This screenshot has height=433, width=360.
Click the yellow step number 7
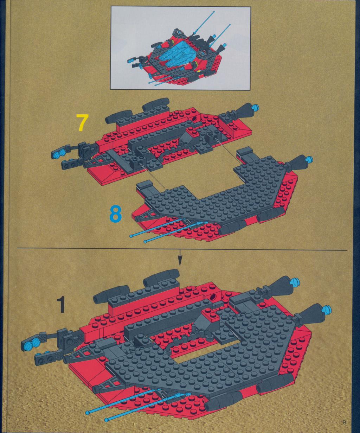tap(82, 122)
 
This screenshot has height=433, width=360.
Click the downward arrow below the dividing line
tap(180, 258)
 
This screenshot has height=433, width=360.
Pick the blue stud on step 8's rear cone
tap(309, 159)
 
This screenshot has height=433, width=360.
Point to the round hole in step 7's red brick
tap(195, 119)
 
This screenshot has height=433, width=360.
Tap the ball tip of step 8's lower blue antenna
tap(144, 241)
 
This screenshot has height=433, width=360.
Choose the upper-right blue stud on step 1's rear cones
tap(297, 281)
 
